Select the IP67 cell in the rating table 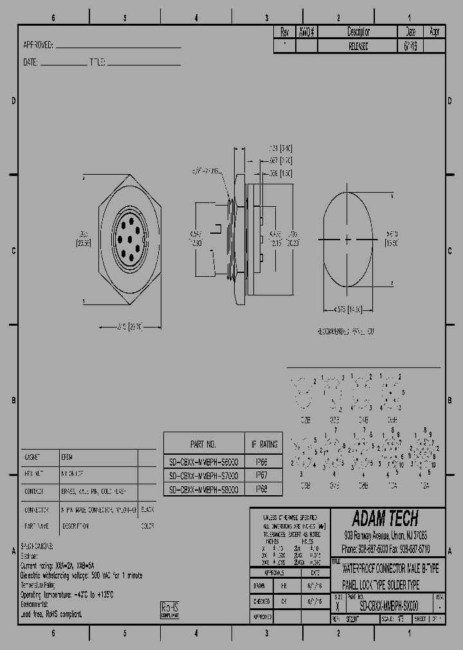(x=262, y=475)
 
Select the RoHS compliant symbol (x=170, y=610)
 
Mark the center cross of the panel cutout (x=348, y=240)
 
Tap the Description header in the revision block (x=358, y=31)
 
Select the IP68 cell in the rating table (x=262, y=489)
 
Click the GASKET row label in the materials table (x=33, y=457)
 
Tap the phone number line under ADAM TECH (x=386, y=549)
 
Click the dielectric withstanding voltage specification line (x=82, y=575)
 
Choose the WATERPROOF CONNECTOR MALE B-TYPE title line (x=390, y=570)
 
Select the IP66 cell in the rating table (x=262, y=461)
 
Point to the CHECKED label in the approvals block (x=261, y=601)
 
